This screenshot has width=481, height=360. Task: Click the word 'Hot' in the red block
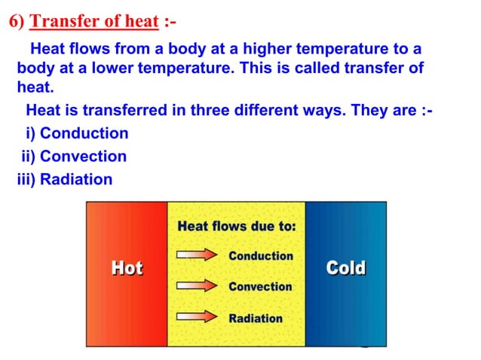[127, 268]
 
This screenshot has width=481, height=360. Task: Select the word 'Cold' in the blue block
[345, 268]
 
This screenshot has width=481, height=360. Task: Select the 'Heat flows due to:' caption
[236, 226]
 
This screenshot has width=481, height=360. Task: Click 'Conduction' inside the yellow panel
[260, 256]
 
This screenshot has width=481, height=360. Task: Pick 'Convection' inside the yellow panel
[260, 286]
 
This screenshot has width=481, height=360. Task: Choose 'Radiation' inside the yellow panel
[256, 317]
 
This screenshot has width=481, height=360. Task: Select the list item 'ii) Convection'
[73, 157]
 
